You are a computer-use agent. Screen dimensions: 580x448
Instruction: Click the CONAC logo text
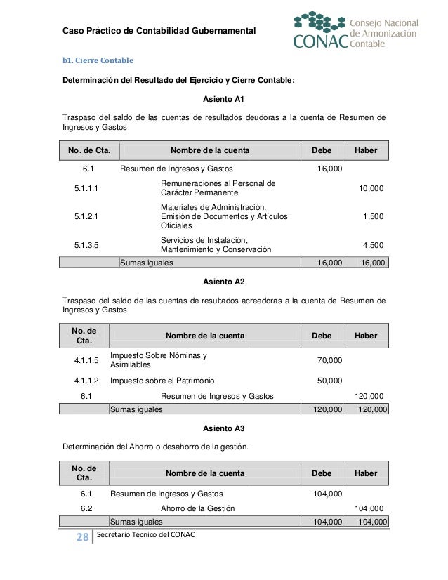pos(320,44)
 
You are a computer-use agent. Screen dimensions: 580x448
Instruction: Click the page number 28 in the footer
pos(81,538)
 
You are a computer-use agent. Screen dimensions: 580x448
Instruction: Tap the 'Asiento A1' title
pos(223,100)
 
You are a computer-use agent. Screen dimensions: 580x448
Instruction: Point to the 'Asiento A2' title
pos(223,282)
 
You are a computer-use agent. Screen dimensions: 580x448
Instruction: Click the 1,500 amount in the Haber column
pos(373,216)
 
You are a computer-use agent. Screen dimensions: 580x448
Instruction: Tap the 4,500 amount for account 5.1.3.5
pos(373,244)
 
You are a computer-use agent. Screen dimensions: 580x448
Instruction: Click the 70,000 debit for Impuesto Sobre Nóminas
pos(329,360)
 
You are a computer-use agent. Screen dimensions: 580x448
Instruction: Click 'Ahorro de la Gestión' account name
pos(198,508)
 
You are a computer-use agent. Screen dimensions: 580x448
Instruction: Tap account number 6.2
pos(86,508)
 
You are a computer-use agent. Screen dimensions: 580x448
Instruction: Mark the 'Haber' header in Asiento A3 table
pos(365,473)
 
